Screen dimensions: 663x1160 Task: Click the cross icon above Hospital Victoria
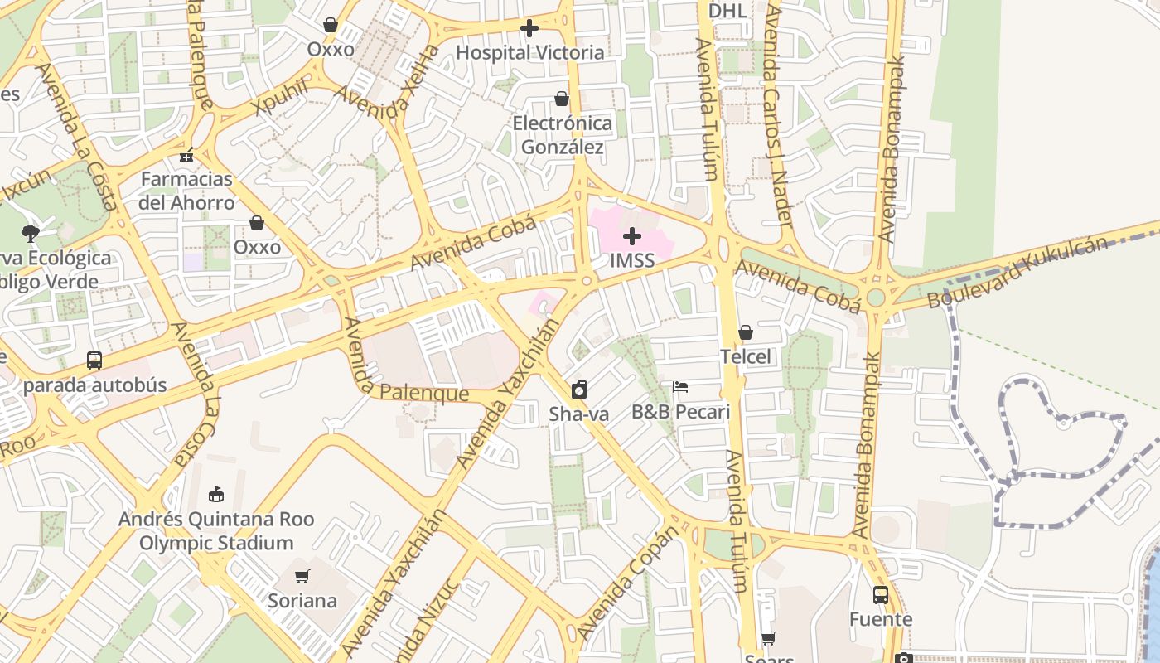[x=529, y=28]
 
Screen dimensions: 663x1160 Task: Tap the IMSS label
[x=632, y=260]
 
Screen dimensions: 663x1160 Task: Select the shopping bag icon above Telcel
[x=746, y=332]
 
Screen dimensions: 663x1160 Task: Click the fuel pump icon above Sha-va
[x=579, y=389]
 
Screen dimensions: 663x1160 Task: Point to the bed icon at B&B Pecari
[x=680, y=387]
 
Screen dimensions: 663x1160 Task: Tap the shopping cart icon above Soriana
[x=302, y=576]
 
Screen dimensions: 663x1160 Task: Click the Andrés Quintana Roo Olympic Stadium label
[x=216, y=531]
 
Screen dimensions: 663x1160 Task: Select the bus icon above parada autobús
[x=94, y=361]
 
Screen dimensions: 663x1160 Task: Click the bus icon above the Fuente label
[x=880, y=594]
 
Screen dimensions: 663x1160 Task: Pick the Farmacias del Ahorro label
[x=187, y=191]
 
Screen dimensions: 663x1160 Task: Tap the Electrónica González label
[x=563, y=135]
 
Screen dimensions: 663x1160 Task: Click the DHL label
[x=727, y=11]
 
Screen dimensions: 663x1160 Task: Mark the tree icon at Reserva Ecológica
[x=31, y=233]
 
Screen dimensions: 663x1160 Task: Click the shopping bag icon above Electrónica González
[x=562, y=99]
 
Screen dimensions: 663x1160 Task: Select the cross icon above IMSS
[x=632, y=236]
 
